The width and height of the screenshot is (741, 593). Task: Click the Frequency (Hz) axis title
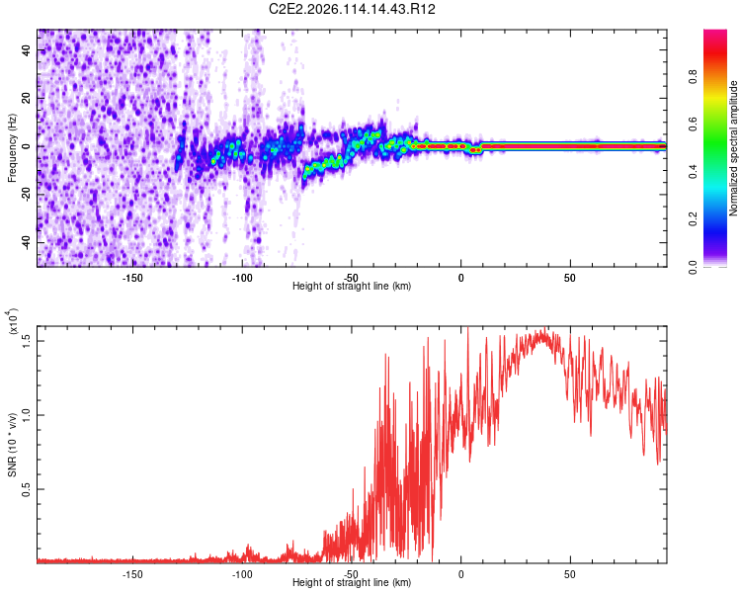pyautogui.click(x=12, y=148)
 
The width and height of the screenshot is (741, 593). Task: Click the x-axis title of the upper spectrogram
pyautogui.click(x=352, y=286)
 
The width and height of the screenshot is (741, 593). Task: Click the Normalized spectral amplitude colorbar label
pyautogui.click(x=733, y=148)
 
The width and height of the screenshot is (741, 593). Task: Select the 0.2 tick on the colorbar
pyautogui.click(x=719, y=218)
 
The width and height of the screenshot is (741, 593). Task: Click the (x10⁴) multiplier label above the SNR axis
pyautogui.click(x=14, y=321)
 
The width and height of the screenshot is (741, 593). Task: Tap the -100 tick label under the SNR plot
pyautogui.click(x=242, y=572)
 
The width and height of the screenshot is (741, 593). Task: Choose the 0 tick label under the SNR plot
pyautogui.click(x=460, y=572)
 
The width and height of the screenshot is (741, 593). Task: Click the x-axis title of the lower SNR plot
pyautogui.click(x=352, y=583)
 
